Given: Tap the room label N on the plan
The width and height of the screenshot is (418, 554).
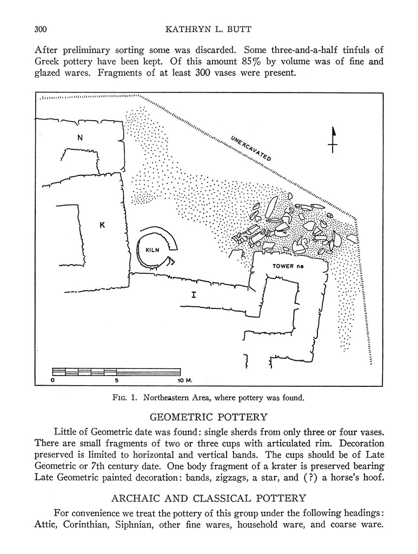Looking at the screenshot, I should point(80,137).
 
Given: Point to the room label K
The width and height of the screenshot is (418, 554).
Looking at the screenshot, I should point(102,225).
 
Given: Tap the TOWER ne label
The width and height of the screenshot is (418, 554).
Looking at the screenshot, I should point(290,266).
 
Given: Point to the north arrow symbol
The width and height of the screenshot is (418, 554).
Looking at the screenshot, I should point(333,140).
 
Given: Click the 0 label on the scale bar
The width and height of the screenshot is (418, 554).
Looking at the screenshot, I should point(52,380).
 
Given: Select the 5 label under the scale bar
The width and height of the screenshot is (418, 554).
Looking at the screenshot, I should point(117,380).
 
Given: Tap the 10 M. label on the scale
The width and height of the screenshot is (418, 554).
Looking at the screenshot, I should point(185,380).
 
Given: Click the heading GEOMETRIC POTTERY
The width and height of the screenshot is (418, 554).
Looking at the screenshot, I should point(208,417).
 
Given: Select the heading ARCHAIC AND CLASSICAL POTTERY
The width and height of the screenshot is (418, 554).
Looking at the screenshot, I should point(208,498).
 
